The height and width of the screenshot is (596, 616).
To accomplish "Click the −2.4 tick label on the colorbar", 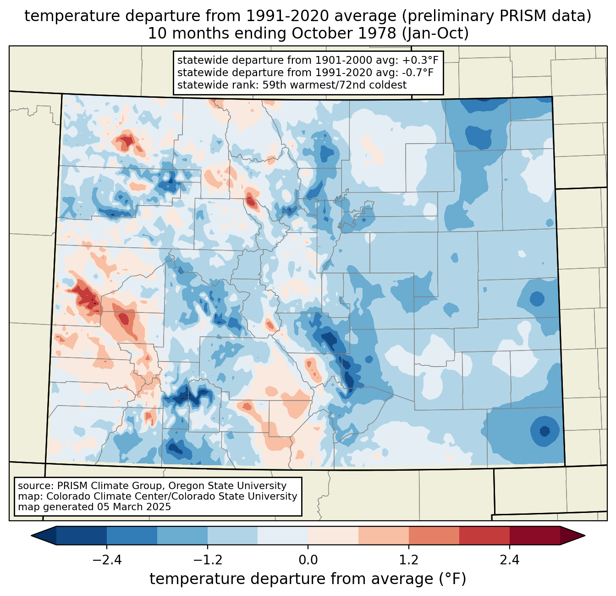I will click(106, 560).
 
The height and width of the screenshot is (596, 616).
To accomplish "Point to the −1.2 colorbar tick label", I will click(207, 560).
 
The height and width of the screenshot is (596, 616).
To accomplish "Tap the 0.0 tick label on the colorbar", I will click(308, 560).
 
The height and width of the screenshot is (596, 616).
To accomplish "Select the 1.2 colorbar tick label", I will click(408, 560).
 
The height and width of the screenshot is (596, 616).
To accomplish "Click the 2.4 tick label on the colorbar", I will click(509, 560).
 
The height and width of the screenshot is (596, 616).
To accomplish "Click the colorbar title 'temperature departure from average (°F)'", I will click(308, 579).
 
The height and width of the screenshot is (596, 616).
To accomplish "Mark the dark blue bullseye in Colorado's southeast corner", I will click(544, 431).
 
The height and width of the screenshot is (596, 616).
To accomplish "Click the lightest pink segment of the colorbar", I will click(333, 535).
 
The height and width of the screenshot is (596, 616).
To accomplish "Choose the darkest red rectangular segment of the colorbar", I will click(534, 535).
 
